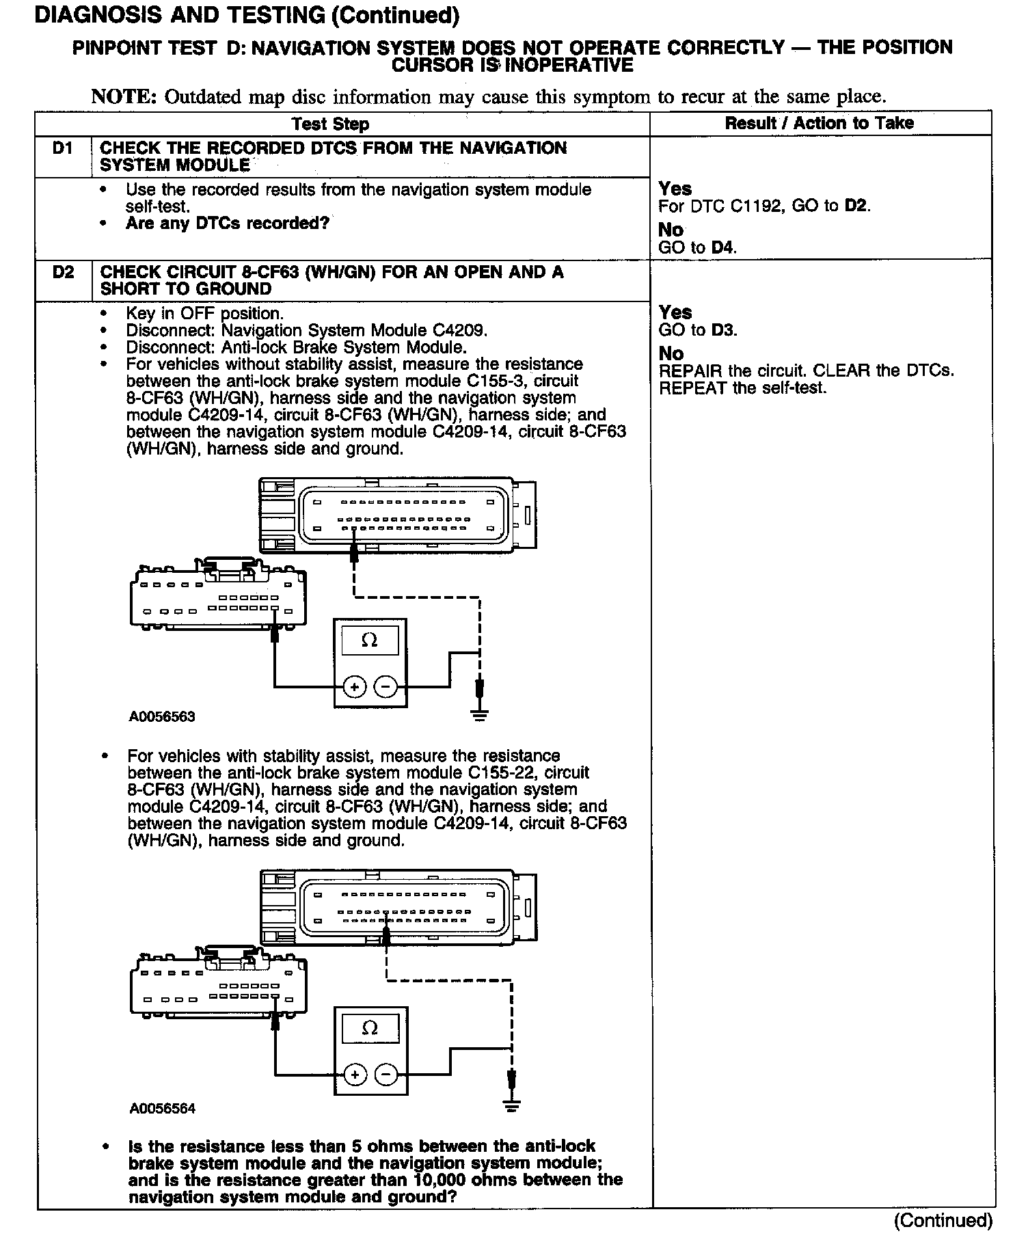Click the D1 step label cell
pyautogui.click(x=63, y=148)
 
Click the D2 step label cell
pyautogui.click(x=63, y=272)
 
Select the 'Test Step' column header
pyautogui.click(x=330, y=124)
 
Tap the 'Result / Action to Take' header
pyautogui.click(x=819, y=123)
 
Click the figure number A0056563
pyautogui.click(x=162, y=716)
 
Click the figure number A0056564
pyautogui.click(x=163, y=1108)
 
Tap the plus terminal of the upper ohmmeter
pyautogui.click(x=354, y=686)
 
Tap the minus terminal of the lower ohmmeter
pyautogui.click(x=386, y=1075)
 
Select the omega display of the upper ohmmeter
pyautogui.click(x=370, y=641)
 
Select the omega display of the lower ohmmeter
pyautogui.click(x=370, y=1028)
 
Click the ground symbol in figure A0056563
pyautogui.click(x=480, y=716)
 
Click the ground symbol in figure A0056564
pyautogui.click(x=511, y=1105)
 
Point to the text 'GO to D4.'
pyautogui.click(x=697, y=247)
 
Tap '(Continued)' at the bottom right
pyautogui.click(x=943, y=1219)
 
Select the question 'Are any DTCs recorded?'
pyautogui.click(x=227, y=224)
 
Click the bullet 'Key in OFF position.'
pyautogui.click(x=204, y=314)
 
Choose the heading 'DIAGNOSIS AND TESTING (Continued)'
pyautogui.click(x=247, y=15)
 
